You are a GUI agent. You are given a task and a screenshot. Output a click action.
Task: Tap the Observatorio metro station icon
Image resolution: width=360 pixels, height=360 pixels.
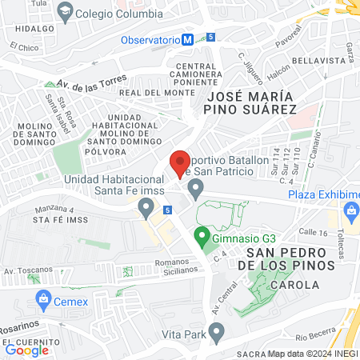(186, 39)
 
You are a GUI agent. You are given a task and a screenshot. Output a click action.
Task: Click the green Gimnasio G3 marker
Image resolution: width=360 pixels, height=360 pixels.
(202, 237)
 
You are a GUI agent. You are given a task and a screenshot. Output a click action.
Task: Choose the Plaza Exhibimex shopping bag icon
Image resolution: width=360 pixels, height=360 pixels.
(350, 210)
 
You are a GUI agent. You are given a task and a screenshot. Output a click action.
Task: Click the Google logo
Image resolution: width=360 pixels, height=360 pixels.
(26, 349)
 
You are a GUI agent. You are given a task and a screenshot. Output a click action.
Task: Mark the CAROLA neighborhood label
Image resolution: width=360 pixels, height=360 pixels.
(294, 285)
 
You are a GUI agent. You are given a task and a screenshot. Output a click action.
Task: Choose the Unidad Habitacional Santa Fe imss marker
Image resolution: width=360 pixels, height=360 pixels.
(146, 209)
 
